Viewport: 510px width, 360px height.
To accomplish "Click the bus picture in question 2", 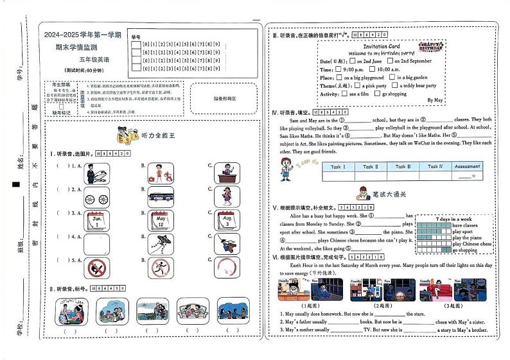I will tap(161, 196).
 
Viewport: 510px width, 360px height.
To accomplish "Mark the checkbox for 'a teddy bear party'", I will tap(394, 85).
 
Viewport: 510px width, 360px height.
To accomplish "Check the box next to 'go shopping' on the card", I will tap(376, 94).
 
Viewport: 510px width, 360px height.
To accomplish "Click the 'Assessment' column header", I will tap(467, 167).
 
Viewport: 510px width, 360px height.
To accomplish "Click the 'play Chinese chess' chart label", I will tap(472, 244).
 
